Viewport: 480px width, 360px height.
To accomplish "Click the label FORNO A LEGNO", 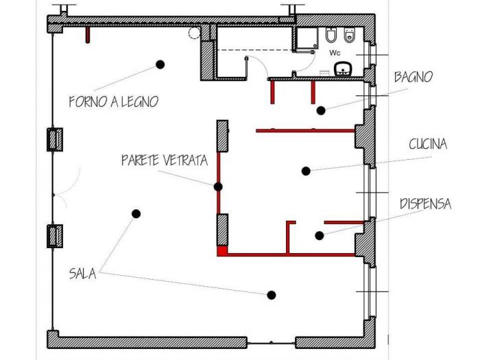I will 113,101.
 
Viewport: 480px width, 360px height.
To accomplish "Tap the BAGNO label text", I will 413,77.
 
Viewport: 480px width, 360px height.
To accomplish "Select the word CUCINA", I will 428,144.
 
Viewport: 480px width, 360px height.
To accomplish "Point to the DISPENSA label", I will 425,204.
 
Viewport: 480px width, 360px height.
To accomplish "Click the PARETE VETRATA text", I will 164,160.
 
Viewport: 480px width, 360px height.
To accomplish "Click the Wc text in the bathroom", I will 335,52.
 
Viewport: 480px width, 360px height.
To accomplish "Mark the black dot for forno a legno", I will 160,64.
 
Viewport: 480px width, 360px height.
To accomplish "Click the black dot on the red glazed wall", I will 218,187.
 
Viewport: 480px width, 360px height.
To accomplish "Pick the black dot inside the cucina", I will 307,170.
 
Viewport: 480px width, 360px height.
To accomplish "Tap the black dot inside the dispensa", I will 319,236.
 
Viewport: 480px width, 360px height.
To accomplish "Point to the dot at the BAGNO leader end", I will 320,110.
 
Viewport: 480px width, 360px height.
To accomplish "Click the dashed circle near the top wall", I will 195,32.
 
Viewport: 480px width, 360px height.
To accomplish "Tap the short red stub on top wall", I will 87,34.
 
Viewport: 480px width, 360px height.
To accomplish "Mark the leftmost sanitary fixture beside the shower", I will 330,36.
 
